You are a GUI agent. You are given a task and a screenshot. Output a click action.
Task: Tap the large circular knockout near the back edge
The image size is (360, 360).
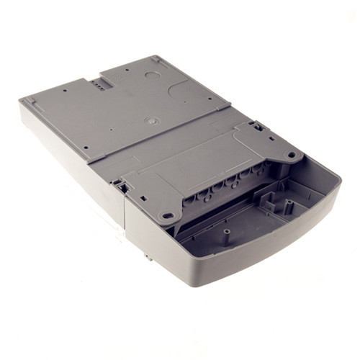coord(152,74)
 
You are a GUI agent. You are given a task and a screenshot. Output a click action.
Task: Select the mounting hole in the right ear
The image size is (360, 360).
coord(292,153)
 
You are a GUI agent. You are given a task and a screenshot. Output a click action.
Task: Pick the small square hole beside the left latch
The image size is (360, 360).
coord(143,197)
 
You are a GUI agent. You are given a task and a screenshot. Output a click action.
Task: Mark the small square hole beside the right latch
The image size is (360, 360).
coord(271,140)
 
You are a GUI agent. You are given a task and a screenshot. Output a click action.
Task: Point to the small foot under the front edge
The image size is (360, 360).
coord(146,255)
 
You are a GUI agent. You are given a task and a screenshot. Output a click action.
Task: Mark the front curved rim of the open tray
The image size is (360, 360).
coord(288,238)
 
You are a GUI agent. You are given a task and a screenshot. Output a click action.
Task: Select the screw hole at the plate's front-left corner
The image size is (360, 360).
coord(84,148)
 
